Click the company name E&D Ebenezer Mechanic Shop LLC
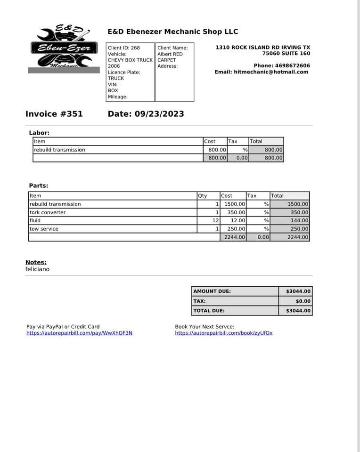point(172,32)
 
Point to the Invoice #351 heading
point(54,114)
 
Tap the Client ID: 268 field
point(124,48)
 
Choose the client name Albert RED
point(170,54)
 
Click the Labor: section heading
point(39,133)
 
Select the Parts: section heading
point(39,186)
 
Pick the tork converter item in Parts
point(48,212)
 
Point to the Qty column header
point(202,196)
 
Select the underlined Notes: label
point(36,262)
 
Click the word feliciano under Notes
point(37,269)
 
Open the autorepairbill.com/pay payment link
point(80,333)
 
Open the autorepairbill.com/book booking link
point(224,333)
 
